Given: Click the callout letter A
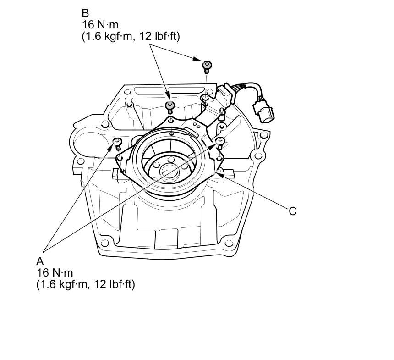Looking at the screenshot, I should click(40, 261).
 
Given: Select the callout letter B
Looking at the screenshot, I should click(85, 13).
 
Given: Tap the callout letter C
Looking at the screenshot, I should click(292, 211).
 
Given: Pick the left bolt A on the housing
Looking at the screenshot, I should click(118, 143).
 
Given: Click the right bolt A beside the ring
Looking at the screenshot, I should click(221, 142).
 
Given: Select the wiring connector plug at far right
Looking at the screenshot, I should click(264, 113).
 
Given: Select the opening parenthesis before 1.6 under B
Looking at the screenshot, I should click(84, 37).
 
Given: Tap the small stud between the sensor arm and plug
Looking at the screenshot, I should click(222, 111).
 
